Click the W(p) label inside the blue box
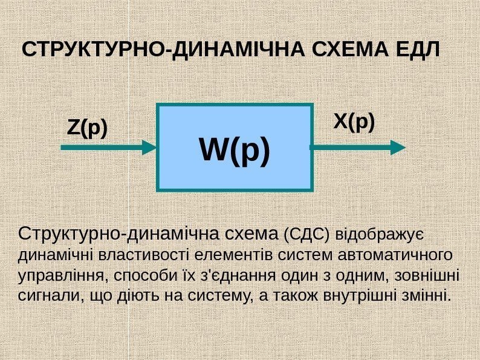pyautogui.click(x=235, y=151)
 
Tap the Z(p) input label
pyautogui.click(x=87, y=128)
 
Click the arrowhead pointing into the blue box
pyautogui.click(x=149, y=146)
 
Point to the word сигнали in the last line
pyautogui.click(x=46, y=296)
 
